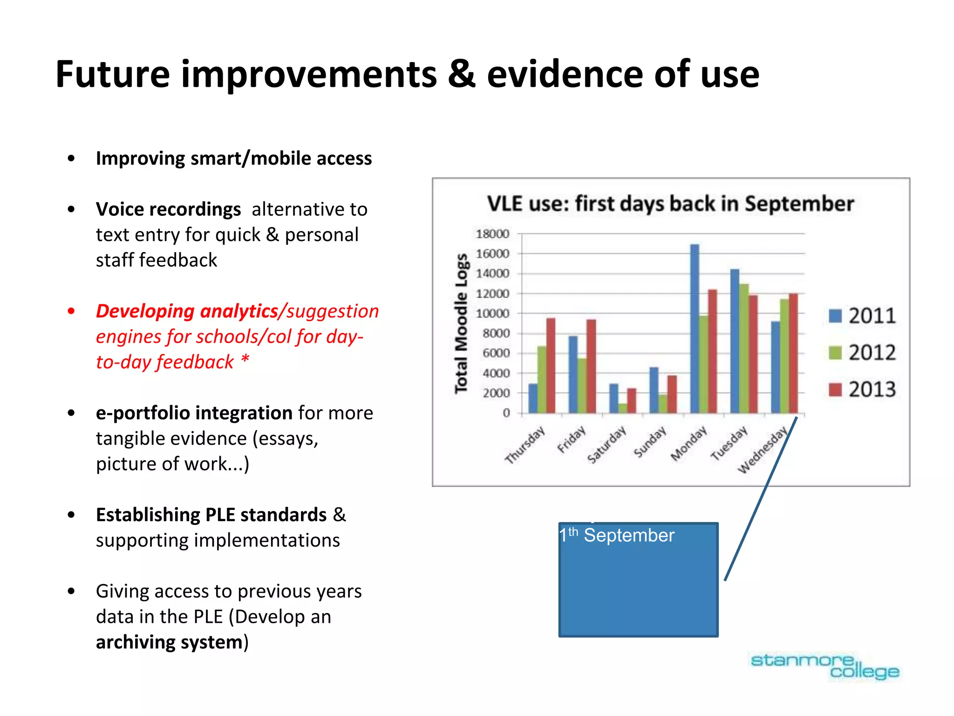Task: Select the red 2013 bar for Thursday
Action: [x=551, y=366]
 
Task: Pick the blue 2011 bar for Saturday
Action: [x=614, y=399]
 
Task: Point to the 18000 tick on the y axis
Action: [x=492, y=234]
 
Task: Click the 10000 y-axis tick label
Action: [x=492, y=314]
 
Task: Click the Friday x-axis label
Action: [x=572, y=439]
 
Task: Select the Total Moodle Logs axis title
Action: [x=461, y=324]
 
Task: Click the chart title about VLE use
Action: [x=670, y=204]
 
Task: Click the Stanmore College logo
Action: [x=825, y=666]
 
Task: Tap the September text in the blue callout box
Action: [x=629, y=536]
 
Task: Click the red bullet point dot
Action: [x=71, y=311]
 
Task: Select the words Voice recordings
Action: [x=168, y=209]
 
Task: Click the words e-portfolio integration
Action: [x=194, y=413]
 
